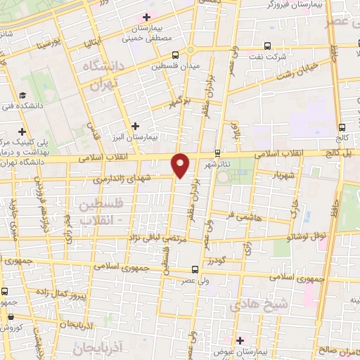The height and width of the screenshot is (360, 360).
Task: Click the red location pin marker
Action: click(181, 165)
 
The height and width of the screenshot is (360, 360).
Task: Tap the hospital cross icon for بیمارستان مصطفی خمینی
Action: click(146, 17)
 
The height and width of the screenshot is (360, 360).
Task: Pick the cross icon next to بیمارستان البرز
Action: click(135, 127)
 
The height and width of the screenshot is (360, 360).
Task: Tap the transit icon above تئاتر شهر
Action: click(217, 152)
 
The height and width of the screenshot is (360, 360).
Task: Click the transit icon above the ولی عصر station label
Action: click(195, 269)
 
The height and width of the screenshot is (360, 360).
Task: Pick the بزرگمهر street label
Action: click(181, 104)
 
